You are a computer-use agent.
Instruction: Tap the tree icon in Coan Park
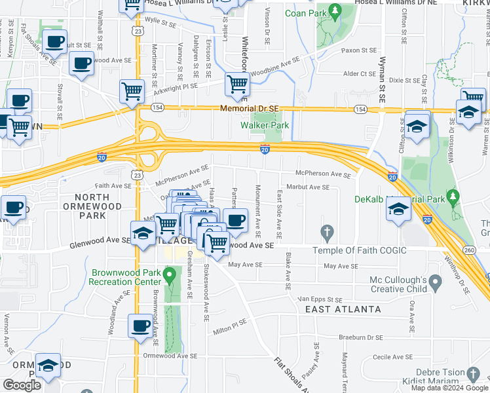pyautogui.click(x=335, y=11)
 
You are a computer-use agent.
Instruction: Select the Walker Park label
pyautogui.click(x=265, y=125)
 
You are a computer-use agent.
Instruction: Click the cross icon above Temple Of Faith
pyautogui.click(x=327, y=233)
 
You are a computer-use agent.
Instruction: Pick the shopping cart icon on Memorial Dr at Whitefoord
pyautogui.click(x=236, y=83)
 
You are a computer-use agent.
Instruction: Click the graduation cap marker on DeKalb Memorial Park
pyautogui.click(x=398, y=209)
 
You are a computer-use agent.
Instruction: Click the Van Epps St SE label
pyautogui.click(x=320, y=298)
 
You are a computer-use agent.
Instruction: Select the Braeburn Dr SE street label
pyautogui.click(x=361, y=337)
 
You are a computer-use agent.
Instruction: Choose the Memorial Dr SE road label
pyautogui.click(x=250, y=109)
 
